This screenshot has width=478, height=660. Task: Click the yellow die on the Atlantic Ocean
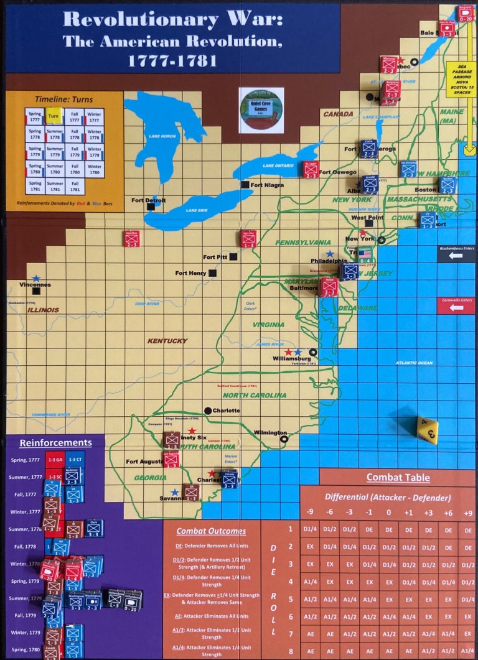428,430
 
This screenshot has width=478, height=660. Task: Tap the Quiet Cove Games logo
261,109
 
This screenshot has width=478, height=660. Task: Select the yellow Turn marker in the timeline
54,116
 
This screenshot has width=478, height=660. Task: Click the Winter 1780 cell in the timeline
95,169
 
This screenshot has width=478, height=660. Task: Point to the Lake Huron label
159,135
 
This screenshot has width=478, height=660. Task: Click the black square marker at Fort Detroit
151,207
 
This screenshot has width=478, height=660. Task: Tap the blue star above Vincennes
37,278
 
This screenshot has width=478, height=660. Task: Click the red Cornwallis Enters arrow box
456,305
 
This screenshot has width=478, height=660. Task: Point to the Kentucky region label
167,341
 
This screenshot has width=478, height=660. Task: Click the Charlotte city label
226,411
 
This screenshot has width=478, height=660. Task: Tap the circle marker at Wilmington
284,439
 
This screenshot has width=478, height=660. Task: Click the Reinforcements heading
55,443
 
